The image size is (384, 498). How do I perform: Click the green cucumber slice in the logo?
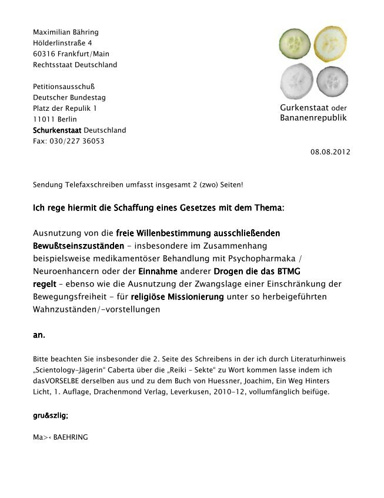(295, 42)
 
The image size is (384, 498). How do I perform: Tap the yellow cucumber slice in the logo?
(331, 42)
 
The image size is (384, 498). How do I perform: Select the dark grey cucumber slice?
(333, 81)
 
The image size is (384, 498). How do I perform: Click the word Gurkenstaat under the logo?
(305, 108)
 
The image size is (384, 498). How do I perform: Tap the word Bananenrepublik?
(313, 118)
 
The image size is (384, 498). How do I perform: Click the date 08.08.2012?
(330, 152)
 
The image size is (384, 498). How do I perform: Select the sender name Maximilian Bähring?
(66, 32)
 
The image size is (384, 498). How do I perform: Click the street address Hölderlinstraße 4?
(62, 43)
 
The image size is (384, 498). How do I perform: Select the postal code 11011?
(44, 120)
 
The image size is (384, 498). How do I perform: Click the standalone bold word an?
(39, 335)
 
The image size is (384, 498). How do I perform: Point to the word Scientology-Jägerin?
(67, 370)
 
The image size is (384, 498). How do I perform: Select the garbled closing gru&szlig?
(51, 415)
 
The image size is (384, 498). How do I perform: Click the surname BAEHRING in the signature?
(70, 437)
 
